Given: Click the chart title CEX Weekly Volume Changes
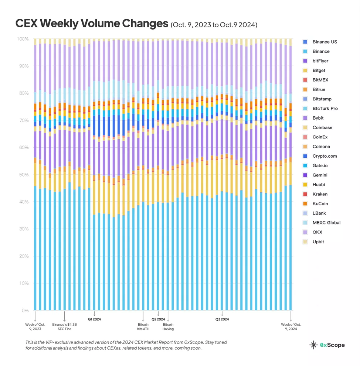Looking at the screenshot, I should pyautogui.click(x=91, y=24).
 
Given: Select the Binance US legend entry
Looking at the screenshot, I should pyautogui.click(x=325, y=42).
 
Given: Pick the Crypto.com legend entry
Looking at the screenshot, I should pyautogui.click(x=325, y=156).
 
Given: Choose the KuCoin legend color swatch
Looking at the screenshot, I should pyautogui.click(x=305, y=203).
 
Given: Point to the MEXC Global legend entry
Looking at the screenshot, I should pyautogui.click(x=326, y=223).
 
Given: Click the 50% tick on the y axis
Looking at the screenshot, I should pyautogui.click(x=24, y=175).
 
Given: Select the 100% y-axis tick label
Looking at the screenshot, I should pyautogui.click(x=23, y=39).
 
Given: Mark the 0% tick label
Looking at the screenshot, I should pyautogui.click(x=25, y=311).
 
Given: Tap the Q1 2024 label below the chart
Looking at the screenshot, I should pyautogui.click(x=94, y=319).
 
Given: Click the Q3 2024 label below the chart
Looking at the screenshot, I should pyautogui.click(x=222, y=319).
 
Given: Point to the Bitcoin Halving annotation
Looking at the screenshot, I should pyautogui.click(x=168, y=326).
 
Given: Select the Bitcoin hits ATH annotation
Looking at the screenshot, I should pyautogui.click(x=143, y=326).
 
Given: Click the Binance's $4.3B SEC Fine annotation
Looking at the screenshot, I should pyautogui.click(x=64, y=326).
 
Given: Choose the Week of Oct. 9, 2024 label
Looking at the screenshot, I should pyautogui.click(x=291, y=326).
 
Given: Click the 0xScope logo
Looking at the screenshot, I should pyautogui.click(x=327, y=345).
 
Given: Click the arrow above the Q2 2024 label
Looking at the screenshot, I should pyautogui.click(x=158, y=313).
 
